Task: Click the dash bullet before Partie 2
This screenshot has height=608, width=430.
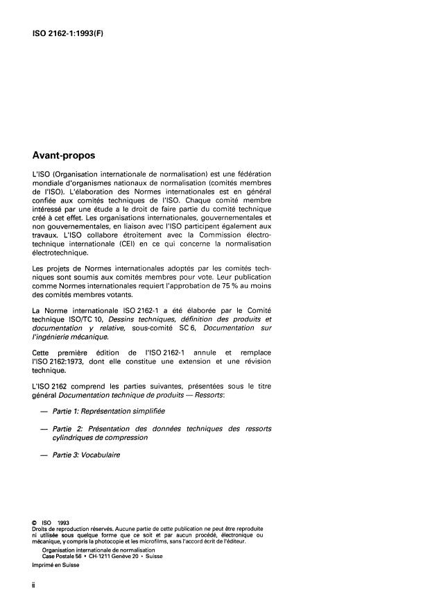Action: (x=45, y=429)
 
